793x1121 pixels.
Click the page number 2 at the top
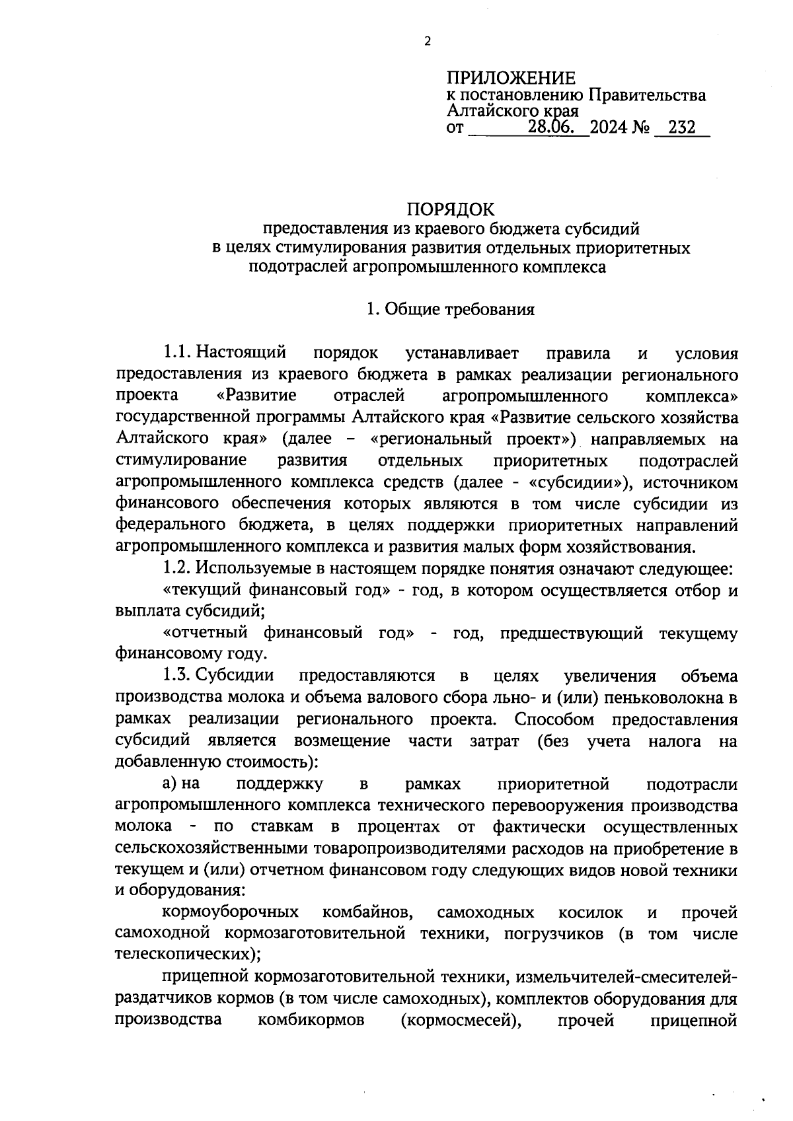click(426, 41)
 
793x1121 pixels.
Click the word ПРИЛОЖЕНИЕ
click(511, 78)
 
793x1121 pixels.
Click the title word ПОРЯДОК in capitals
click(450, 209)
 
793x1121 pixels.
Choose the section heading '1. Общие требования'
click(451, 310)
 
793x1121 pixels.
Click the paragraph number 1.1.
click(178, 353)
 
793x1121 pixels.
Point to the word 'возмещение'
click(342, 741)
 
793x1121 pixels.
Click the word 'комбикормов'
click(311, 1020)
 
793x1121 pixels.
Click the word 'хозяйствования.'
click(639, 547)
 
